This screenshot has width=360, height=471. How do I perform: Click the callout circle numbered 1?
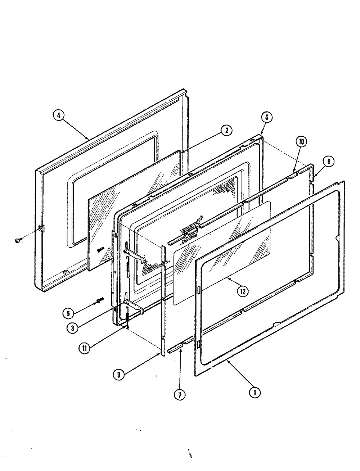(255, 393)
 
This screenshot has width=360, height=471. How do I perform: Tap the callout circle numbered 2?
(226, 131)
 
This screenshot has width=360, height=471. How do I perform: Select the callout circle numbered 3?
(73, 328)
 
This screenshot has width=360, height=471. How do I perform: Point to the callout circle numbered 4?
(59, 115)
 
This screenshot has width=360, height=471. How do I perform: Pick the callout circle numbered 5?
(68, 313)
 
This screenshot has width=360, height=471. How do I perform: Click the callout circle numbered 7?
(180, 394)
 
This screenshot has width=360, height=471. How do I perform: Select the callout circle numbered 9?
(119, 375)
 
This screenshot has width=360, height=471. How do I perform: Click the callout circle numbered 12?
(243, 291)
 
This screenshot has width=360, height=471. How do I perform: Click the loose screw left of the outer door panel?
(17, 241)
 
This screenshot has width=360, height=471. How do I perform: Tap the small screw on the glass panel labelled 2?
(100, 249)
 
